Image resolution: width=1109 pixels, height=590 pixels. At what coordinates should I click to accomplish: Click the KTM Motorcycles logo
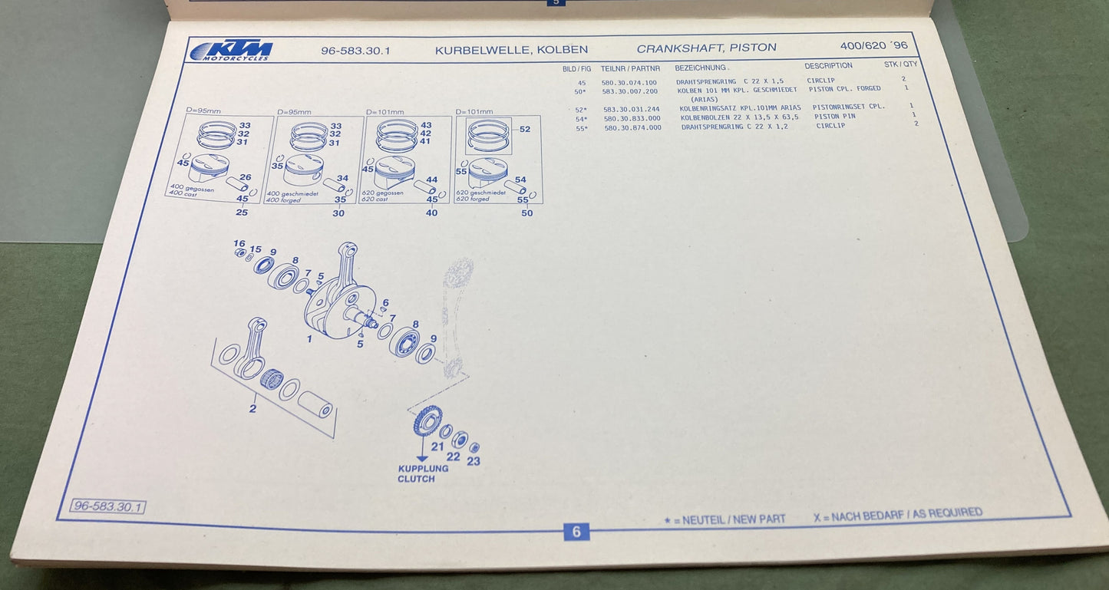point(230,51)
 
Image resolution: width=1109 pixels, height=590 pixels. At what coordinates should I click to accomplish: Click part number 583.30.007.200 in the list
point(629,91)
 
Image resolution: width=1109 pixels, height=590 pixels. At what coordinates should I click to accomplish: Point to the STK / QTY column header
point(900,64)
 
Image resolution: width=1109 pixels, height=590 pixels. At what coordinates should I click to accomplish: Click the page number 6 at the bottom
point(576,532)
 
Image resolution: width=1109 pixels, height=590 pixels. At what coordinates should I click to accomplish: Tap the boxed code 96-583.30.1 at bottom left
point(107,506)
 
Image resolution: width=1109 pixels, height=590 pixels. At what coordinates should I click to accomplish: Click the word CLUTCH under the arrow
point(416,479)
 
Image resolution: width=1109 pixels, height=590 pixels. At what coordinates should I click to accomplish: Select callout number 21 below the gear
point(437,447)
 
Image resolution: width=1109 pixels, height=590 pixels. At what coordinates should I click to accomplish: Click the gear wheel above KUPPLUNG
point(427,420)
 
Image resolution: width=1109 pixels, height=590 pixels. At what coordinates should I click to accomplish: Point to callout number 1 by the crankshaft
point(309,338)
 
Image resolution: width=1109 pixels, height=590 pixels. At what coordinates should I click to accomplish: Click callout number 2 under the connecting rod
point(252,408)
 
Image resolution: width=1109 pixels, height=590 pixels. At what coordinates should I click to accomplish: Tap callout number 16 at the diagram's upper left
point(239,243)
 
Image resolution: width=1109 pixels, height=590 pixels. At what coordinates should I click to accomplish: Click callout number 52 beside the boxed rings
point(525,130)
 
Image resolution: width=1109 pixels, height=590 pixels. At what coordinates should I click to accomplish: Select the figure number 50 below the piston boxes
point(526,213)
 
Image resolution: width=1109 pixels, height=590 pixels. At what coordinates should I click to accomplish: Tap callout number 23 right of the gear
point(474,461)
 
